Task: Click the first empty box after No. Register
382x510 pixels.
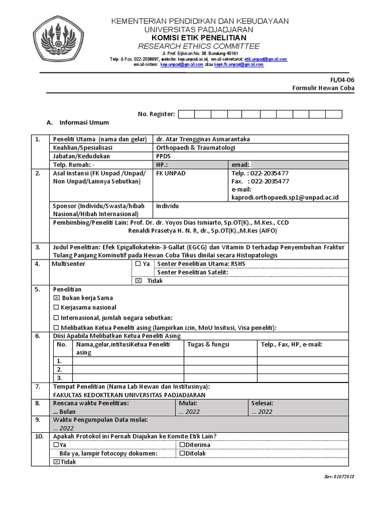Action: [186, 115]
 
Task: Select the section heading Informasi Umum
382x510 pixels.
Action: [84, 123]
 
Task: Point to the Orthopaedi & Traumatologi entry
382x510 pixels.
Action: [195, 147]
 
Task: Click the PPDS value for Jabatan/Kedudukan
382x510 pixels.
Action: [163, 156]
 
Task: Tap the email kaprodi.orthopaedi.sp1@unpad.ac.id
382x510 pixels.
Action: [285, 197]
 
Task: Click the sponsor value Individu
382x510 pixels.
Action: [168, 206]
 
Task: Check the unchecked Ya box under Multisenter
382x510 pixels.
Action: [138, 264]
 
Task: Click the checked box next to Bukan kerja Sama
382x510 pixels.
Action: [56, 298]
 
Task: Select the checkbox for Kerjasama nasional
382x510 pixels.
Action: [56, 307]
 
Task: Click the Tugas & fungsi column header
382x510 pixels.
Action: [205, 344]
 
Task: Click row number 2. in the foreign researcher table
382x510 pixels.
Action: [59, 370]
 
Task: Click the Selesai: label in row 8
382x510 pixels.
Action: [262, 403]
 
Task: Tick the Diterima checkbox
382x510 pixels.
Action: [182, 445]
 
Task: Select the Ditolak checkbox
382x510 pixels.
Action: [182, 453]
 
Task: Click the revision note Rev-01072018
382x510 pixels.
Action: [339, 477]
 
